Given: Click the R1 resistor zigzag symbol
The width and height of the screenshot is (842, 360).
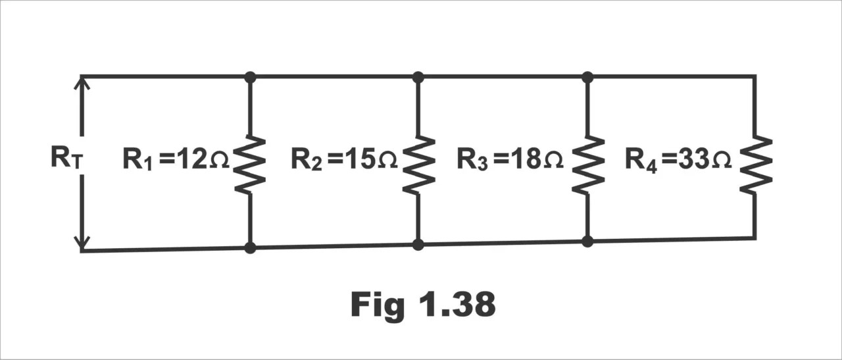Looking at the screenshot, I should (250, 165).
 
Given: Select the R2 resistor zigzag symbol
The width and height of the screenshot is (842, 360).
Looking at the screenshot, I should (418, 165).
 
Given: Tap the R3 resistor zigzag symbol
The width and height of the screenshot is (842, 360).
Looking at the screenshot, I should (587, 165).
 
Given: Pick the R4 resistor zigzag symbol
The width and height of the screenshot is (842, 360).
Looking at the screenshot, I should (755, 165).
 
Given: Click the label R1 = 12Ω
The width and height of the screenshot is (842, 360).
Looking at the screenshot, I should (176, 160).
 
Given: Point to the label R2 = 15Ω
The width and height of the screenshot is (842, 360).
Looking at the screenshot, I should (344, 160).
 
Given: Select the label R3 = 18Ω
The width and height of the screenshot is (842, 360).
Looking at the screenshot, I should (510, 160).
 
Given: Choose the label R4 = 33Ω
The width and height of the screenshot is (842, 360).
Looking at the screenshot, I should (678, 160).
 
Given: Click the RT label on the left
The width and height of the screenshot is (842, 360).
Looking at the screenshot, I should (66, 159).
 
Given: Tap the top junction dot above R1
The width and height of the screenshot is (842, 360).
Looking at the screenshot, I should (250, 77).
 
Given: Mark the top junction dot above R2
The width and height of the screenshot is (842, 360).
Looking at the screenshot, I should (418, 77).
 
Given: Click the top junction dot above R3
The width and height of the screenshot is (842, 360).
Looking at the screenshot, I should (587, 77).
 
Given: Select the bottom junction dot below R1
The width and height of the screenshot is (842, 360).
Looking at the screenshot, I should (250, 248).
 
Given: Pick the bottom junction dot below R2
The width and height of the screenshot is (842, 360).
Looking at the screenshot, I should (418, 245).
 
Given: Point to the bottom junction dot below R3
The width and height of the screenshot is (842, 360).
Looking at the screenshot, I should (587, 242).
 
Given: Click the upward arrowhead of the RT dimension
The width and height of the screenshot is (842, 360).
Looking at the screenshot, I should (82, 83).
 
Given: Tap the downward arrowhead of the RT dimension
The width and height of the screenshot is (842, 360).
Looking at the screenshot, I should (82, 245).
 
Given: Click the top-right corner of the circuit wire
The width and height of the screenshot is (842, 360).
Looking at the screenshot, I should (755, 76).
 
